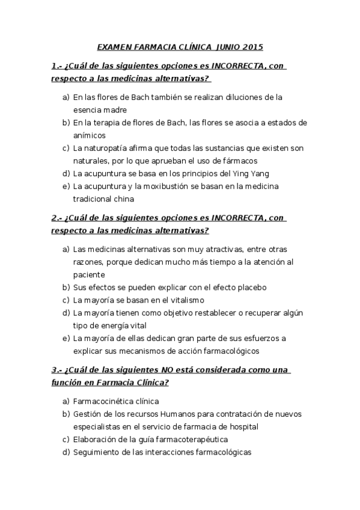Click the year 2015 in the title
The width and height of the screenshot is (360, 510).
[251, 46]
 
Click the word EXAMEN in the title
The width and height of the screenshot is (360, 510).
[114, 46]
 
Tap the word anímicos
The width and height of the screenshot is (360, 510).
[89, 135]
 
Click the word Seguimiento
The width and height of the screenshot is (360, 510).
[96, 452]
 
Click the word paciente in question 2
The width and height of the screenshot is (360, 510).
[88, 274]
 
